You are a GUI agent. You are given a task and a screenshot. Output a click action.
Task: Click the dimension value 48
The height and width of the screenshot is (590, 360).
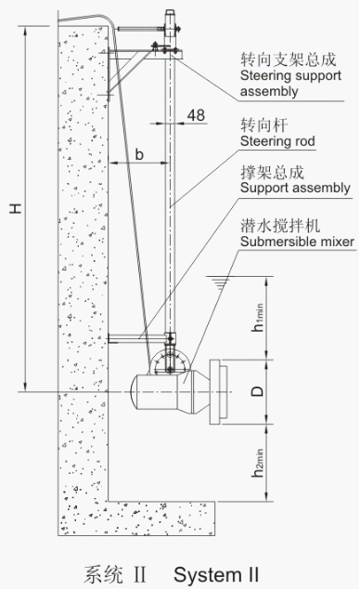pyautogui.click(x=196, y=115)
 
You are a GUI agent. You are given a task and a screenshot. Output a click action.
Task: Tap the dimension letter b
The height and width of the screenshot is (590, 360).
pyautogui.click(x=138, y=154)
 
